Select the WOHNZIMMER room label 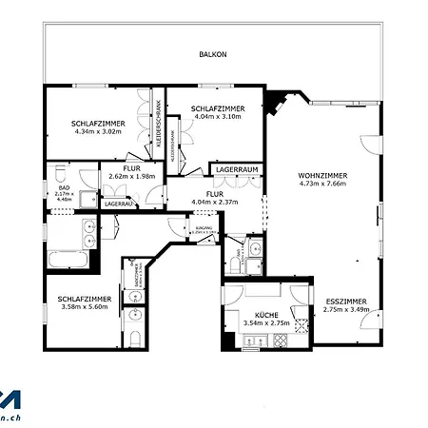(322, 176)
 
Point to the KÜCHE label (265, 315)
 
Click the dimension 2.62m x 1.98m (131, 176)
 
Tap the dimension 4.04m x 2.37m (214, 202)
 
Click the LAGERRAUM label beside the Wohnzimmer (237, 168)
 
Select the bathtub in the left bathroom (68, 259)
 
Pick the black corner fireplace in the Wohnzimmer (278, 100)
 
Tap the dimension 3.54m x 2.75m (265, 323)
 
